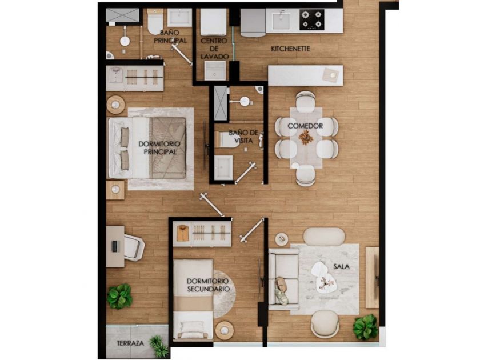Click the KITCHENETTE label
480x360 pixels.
(290, 49)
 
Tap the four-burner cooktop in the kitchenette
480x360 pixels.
(312, 19)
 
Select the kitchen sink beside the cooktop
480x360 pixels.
(281, 20)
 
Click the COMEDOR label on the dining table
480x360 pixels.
(305, 126)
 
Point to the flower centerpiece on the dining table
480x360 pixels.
(306, 137)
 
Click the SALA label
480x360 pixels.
(341, 267)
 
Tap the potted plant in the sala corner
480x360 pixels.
(365, 327)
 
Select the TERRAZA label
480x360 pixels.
(130, 343)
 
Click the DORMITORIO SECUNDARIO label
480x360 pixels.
(208, 285)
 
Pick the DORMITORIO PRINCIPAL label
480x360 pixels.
(159, 147)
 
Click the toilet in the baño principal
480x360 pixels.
(155, 22)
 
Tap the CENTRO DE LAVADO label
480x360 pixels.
(214, 49)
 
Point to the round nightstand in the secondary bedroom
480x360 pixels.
(225, 330)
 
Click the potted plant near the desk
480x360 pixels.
(119, 296)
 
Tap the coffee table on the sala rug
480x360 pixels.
(324, 278)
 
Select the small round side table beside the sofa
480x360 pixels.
(281, 239)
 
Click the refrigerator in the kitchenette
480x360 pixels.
(253, 22)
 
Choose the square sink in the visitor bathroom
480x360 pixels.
(223, 167)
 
